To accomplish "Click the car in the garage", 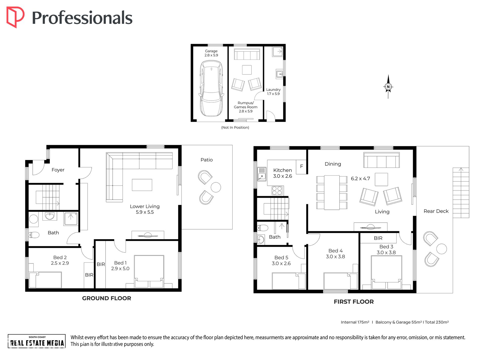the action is click(x=211, y=88).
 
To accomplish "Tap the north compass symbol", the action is click(x=388, y=87).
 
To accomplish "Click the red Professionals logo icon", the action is click(x=15, y=17).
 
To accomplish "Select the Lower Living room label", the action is click(x=145, y=209).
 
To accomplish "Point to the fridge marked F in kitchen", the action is click(x=301, y=167).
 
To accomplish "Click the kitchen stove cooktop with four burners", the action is click(x=277, y=191).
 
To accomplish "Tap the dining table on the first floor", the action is click(x=332, y=193).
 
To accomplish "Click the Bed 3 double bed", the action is click(x=386, y=272).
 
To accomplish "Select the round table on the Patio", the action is click(x=216, y=187).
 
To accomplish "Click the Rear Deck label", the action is click(x=436, y=211).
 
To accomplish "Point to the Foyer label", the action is click(x=58, y=170).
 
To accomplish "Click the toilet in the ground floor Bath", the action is click(x=34, y=235).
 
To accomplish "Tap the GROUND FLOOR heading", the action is click(x=107, y=298).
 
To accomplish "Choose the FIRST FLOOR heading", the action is click(x=354, y=301).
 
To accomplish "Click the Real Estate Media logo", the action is click(x=37, y=341).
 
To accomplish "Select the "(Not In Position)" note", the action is click(x=235, y=127).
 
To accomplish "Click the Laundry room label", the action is click(x=273, y=91).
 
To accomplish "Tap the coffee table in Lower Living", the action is click(x=142, y=185).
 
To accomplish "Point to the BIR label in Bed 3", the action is click(x=378, y=238).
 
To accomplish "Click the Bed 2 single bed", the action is click(x=45, y=280).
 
